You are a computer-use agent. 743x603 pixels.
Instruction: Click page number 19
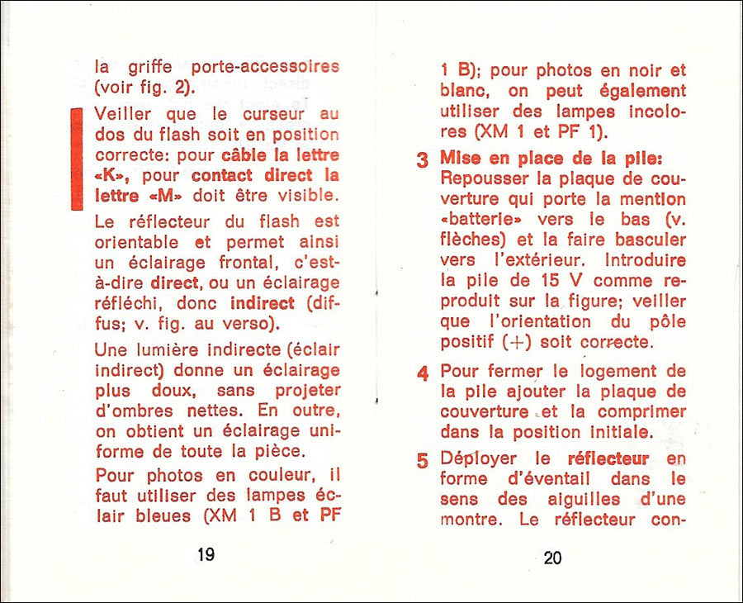[x=206, y=554]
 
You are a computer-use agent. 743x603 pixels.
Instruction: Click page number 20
[x=553, y=558]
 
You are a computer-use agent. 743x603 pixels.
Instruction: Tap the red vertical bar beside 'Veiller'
[x=77, y=159]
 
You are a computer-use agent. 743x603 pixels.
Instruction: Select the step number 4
[x=422, y=374]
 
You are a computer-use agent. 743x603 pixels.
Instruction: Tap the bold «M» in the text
[x=176, y=197]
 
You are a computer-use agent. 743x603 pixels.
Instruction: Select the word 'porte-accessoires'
[x=265, y=66]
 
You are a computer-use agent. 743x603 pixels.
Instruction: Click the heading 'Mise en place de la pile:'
[x=551, y=157]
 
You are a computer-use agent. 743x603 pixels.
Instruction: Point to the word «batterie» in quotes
[x=482, y=220]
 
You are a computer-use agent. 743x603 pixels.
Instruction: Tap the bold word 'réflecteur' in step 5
[x=608, y=458]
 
